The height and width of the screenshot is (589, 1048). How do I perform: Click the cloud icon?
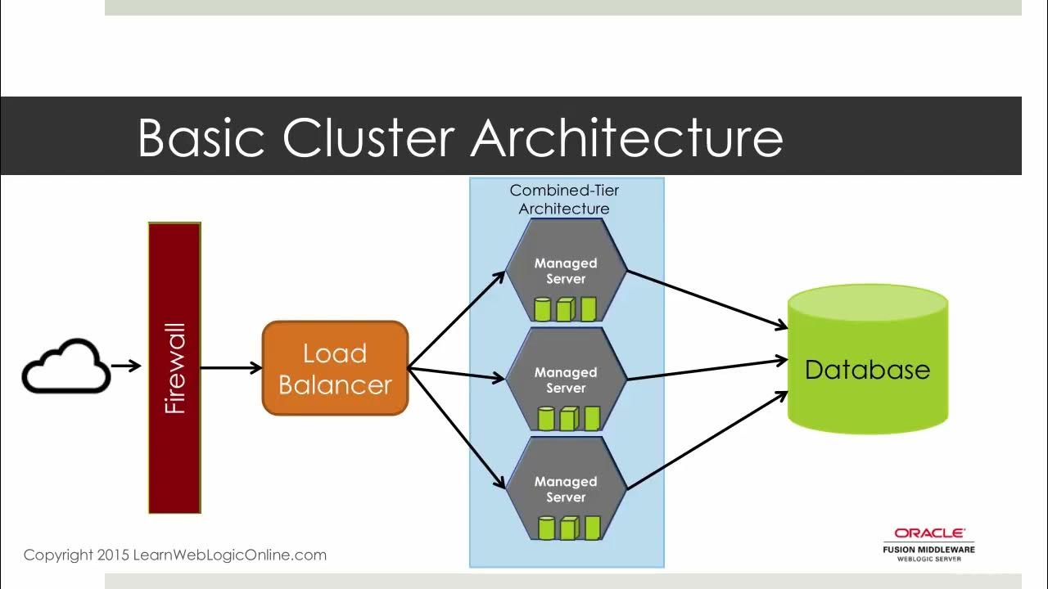point(65,367)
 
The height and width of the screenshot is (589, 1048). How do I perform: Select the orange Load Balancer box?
point(335,368)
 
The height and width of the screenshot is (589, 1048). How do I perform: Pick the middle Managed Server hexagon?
point(566,380)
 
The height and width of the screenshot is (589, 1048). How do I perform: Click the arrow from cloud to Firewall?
point(126,366)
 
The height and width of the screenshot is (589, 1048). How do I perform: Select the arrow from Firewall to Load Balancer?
point(231,368)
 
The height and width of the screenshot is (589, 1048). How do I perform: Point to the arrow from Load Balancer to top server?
point(457,320)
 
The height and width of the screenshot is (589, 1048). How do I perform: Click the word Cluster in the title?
point(368,137)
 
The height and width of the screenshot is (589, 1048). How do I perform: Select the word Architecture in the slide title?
point(626,137)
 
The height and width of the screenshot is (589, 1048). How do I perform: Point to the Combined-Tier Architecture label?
point(564,200)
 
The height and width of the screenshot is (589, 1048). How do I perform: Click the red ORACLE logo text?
point(929,533)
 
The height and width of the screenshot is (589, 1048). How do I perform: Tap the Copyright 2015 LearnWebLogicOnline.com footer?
point(175,555)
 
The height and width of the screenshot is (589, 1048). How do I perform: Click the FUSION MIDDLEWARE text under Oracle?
point(928,549)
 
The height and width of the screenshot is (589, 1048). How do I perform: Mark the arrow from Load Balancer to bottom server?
point(457,425)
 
